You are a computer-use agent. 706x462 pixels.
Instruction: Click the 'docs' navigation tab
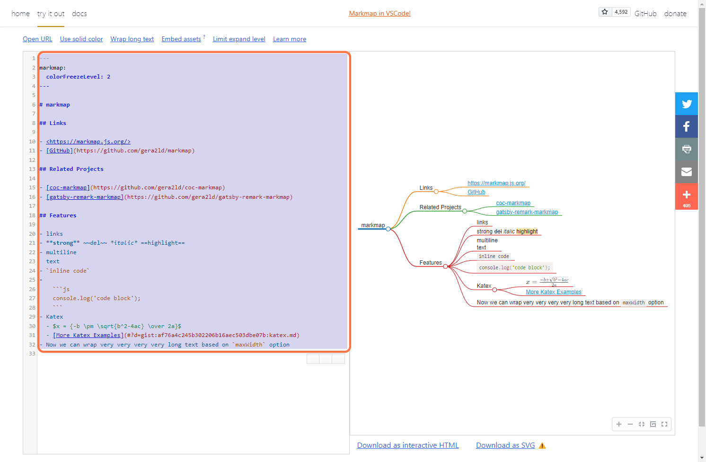[x=79, y=14]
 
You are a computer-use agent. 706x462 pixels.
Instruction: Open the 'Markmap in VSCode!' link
[x=379, y=13]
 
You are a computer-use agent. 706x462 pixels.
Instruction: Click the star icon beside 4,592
[x=605, y=12]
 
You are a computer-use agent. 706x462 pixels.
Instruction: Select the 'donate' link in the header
[x=675, y=14]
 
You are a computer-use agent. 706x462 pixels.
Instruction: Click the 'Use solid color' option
[x=81, y=39]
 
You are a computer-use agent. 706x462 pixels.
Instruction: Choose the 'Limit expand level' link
[x=239, y=39]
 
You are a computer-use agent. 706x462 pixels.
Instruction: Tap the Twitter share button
[x=687, y=104]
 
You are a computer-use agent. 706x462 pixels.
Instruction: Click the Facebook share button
[x=687, y=126]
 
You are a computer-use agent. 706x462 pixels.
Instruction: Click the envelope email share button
[x=687, y=172]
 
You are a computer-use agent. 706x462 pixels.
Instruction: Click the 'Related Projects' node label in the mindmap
[x=440, y=207]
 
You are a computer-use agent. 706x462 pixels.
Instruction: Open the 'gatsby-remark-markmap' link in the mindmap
[x=527, y=212]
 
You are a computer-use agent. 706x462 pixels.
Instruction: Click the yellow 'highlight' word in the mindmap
[x=527, y=231]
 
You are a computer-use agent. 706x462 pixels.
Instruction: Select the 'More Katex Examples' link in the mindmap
[x=554, y=292]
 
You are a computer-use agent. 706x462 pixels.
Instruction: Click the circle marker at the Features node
[x=445, y=267]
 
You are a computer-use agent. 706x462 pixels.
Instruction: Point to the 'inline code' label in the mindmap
[x=494, y=257]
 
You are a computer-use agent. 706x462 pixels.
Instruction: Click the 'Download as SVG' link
[x=505, y=445]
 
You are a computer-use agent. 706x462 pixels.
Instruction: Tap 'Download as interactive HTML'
[x=407, y=445]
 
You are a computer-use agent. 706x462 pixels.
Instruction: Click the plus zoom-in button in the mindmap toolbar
[x=618, y=424]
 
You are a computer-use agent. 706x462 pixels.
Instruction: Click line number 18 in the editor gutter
[x=32, y=215]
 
